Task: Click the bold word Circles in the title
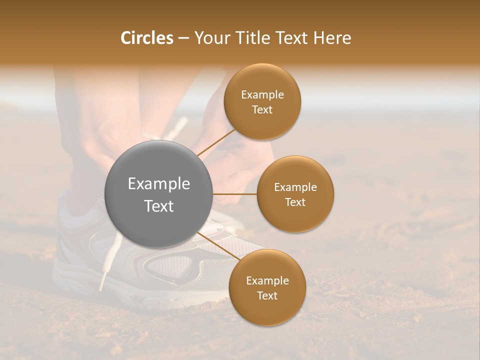147,38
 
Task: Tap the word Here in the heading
332,38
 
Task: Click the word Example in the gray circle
159,184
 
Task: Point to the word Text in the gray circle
159,206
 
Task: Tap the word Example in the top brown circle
262,95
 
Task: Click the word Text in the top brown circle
262,110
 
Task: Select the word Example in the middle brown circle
295,187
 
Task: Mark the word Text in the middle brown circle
295,202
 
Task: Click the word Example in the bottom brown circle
267,281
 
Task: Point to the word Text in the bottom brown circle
267,296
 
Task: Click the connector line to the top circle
216,143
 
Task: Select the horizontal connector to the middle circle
235,194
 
